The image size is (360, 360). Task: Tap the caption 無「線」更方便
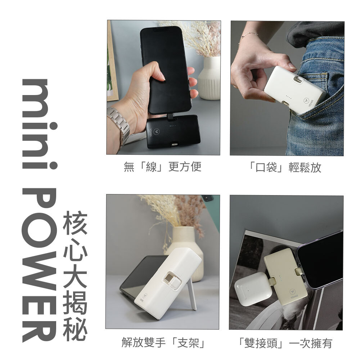coord(162,166)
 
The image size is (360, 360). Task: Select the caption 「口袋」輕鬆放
coord(285,167)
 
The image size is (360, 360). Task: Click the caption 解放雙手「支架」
coord(163,343)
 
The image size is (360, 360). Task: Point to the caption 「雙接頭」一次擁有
coord(285,343)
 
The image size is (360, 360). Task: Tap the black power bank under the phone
coord(173,131)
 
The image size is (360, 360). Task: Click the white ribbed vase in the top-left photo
coord(210,78)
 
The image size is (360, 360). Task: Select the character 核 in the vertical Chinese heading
coord(75,222)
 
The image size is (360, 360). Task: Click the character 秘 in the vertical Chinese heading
coord(75,329)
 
